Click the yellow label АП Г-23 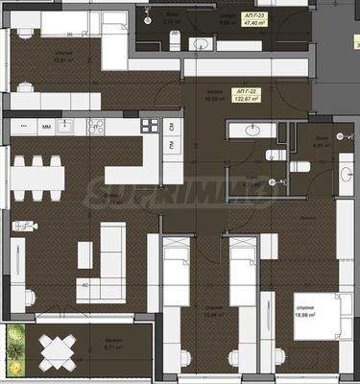tap(253, 15)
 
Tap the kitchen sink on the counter tap(64, 126)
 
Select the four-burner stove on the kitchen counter tap(150, 126)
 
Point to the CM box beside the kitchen tap(172, 127)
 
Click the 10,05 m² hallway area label tap(188, 96)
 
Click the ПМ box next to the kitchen tap(172, 145)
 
